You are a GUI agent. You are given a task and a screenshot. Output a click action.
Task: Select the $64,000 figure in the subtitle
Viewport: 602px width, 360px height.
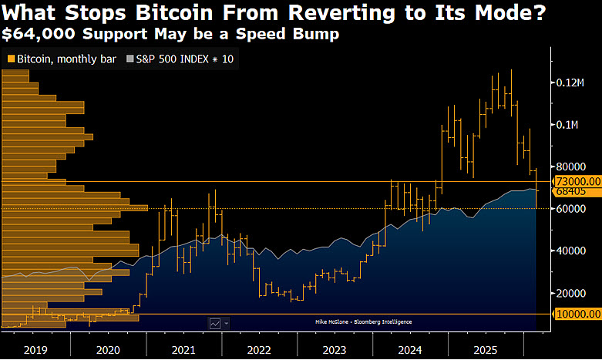[x=35, y=35]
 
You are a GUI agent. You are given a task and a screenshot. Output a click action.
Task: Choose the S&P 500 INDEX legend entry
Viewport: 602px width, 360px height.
[x=181, y=59]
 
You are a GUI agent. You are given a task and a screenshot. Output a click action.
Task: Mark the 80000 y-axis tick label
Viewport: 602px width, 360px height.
[x=572, y=167]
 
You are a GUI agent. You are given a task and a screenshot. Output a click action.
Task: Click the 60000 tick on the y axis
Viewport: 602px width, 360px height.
[x=572, y=209]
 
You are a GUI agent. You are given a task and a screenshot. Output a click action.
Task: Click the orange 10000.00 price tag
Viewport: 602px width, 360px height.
[x=577, y=315]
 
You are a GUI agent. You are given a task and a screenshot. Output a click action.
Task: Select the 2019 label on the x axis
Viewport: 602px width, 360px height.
[x=35, y=350]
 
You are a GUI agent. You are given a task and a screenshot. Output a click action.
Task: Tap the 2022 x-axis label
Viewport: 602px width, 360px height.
[x=258, y=350]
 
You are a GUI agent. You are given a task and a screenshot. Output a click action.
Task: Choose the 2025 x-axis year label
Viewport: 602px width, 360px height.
[x=483, y=350]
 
